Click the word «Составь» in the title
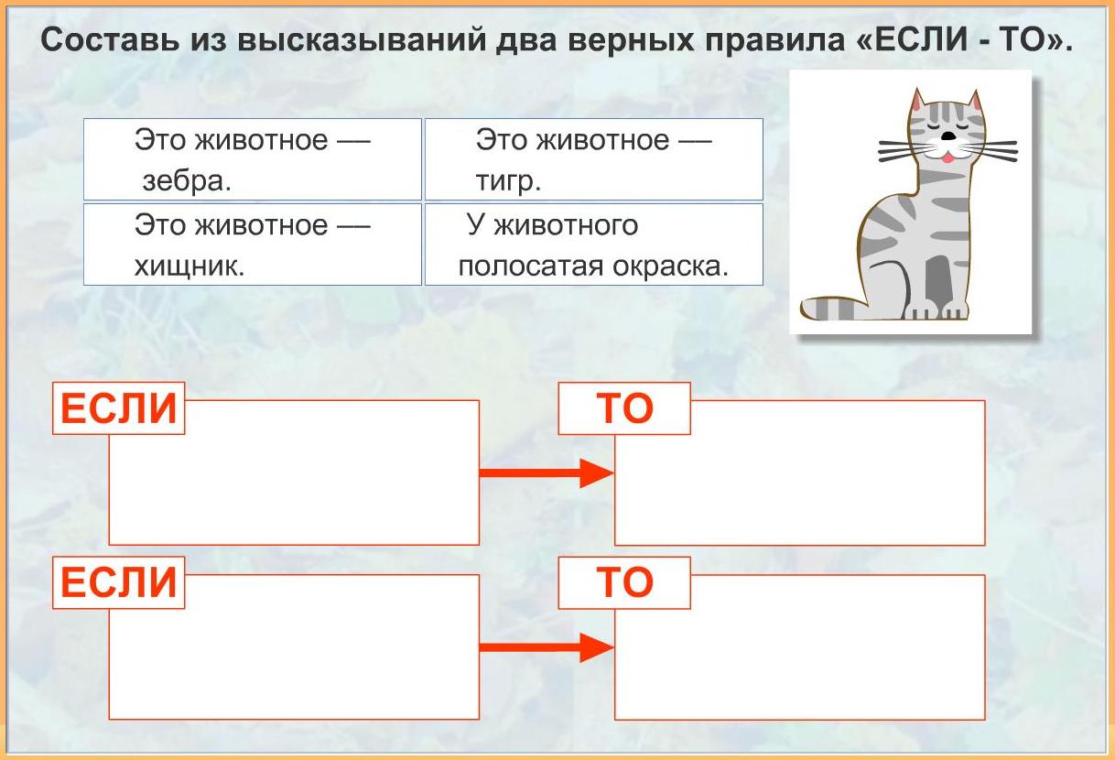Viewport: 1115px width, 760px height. click(x=110, y=40)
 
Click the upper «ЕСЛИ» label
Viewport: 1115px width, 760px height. click(x=118, y=408)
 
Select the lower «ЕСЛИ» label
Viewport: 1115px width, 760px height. click(x=118, y=582)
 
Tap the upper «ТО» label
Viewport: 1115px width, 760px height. click(x=624, y=408)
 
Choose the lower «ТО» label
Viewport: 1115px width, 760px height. click(x=624, y=582)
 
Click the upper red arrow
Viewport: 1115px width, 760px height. click(x=547, y=473)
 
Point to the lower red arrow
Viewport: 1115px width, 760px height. click(x=547, y=647)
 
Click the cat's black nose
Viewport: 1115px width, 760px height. click(x=949, y=136)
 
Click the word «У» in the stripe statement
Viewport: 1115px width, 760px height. click(x=476, y=224)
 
